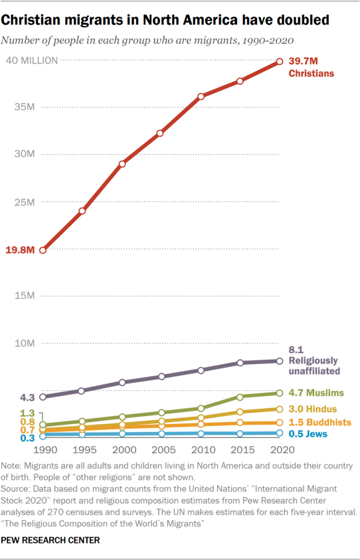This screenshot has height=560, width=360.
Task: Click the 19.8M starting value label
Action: pyautogui.click(x=20, y=250)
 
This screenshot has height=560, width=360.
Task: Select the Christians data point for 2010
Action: pyautogui.click(x=201, y=96)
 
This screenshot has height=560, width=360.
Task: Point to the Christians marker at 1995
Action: pyautogui.click(x=82, y=211)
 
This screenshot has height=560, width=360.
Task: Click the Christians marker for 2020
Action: pyautogui.click(x=280, y=62)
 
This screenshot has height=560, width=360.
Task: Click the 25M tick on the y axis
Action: pyautogui.click(x=25, y=202)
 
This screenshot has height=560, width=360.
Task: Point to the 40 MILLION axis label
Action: pyautogui.click(x=31, y=61)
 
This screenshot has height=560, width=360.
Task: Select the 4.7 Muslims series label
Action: pyautogui.click(x=316, y=393)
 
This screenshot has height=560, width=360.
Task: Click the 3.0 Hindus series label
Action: pyautogui.click(x=313, y=409)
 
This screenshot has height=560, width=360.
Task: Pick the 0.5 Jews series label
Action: pyautogui.click(x=307, y=434)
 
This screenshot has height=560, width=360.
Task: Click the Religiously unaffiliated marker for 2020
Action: pyautogui.click(x=280, y=361)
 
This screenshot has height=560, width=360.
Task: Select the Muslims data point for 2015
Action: pyautogui.click(x=240, y=396)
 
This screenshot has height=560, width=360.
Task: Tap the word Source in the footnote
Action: pyautogui.click(x=15, y=487)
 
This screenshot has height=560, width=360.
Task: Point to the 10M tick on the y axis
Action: pyautogui.click(x=25, y=343)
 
